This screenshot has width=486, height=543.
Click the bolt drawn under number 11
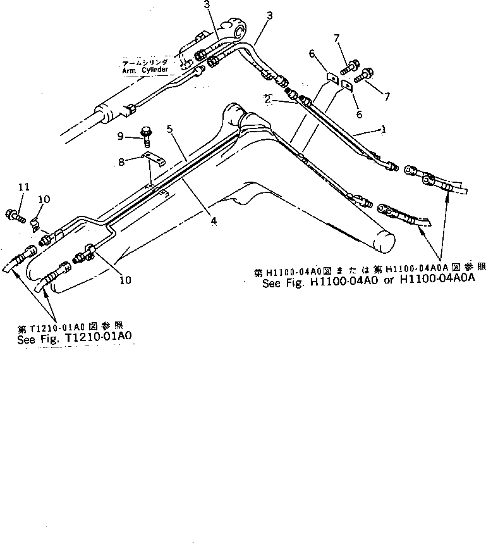tap(16, 215)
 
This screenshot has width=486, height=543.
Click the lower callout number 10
tap(125, 279)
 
